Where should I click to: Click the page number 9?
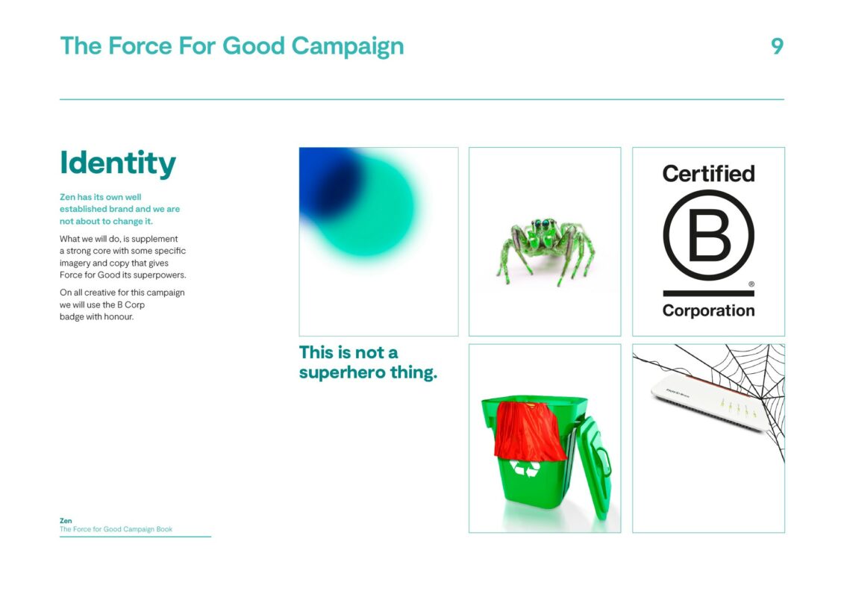[777, 46]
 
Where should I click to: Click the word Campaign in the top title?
[348, 47]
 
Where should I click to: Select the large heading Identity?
[118, 163]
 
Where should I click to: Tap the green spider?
[546, 250]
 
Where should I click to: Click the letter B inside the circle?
[709, 235]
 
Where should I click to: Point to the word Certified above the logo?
[708, 174]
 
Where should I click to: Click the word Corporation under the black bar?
[708, 310]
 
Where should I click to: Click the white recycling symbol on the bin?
[525, 469]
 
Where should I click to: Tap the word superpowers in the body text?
[160, 275]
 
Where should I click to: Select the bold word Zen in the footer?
[66, 521]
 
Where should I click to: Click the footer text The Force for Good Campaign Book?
[116, 529]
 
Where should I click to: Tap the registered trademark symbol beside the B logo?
[751, 284]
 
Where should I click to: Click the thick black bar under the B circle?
[708, 293]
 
